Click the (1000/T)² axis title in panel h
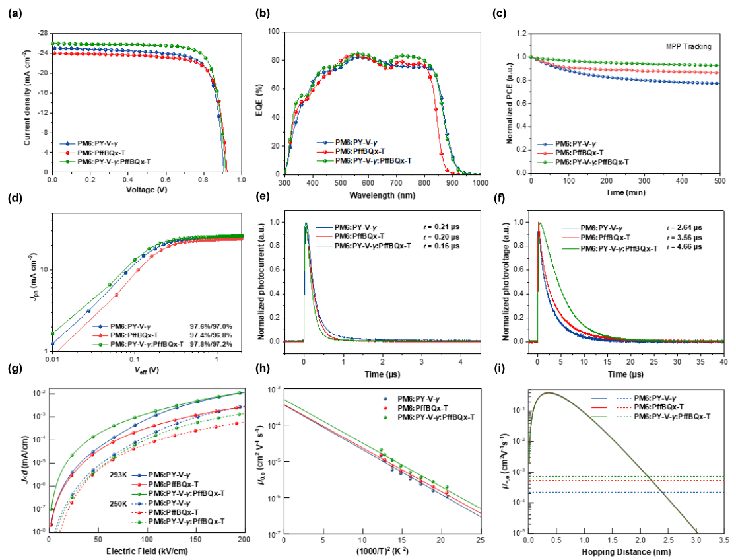(x=382, y=551)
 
